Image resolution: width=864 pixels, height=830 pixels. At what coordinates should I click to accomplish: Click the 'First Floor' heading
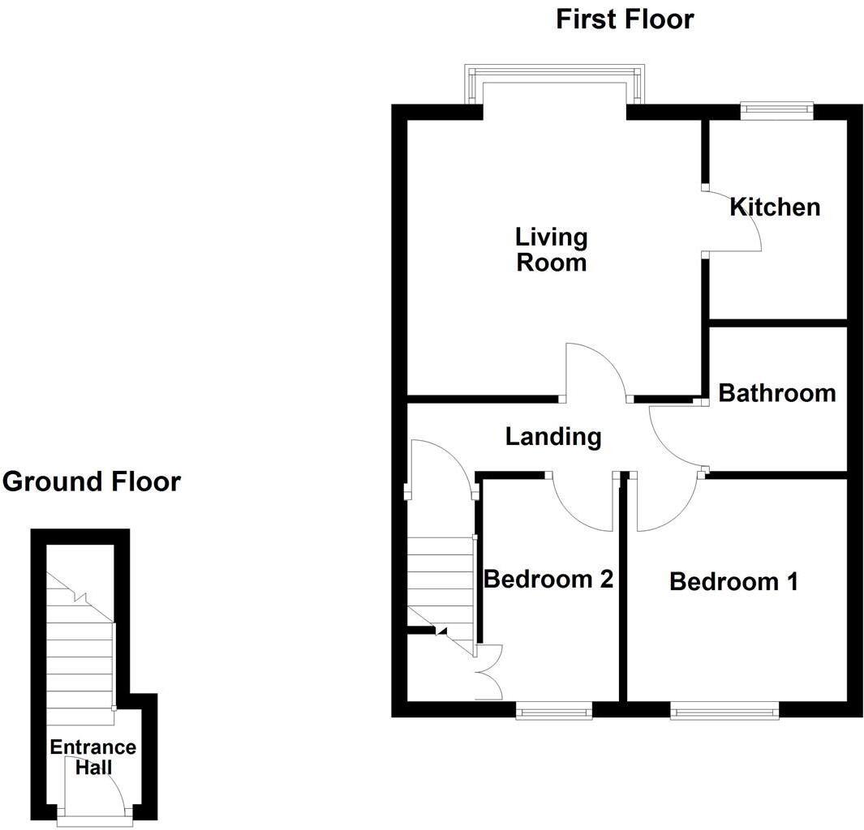(x=625, y=19)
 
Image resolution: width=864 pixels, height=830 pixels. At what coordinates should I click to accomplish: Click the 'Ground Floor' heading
(x=91, y=481)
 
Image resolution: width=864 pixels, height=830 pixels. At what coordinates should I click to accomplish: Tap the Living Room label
(x=552, y=250)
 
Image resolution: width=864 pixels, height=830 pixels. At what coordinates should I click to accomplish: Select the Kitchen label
(x=775, y=207)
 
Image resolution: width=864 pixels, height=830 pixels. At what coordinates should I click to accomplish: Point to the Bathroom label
(x=777, y=393)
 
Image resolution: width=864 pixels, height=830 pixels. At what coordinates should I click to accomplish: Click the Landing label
(x=553, y=437)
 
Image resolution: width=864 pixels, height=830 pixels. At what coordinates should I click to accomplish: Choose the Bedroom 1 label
(x=733, y=581)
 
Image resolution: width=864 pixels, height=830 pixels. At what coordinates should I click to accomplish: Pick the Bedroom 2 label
(x=548, y=580)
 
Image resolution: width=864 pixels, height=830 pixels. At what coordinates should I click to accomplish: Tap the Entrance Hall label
(x=92, y=757)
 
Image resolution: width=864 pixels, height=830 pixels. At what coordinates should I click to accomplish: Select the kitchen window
(x=777, y=111)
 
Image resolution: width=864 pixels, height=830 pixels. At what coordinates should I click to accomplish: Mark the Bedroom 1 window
(x=724, y=712)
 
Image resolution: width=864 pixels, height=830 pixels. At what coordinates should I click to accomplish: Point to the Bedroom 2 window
(x=554, y=712)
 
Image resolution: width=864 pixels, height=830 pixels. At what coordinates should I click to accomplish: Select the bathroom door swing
(x=674, y=438)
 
